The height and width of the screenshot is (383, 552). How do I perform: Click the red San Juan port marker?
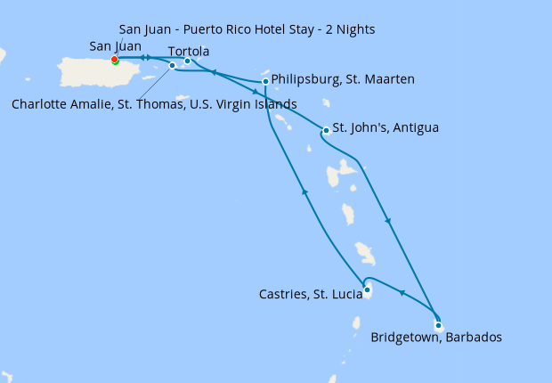tap(114, 60)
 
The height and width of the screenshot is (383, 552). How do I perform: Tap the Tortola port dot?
tap(187, 61)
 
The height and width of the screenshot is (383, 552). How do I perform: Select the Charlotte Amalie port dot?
tap(172, 65)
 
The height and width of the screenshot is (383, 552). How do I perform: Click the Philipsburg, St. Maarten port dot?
tap(265, 82)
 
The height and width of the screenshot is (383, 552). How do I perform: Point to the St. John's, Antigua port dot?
tap(326, 131)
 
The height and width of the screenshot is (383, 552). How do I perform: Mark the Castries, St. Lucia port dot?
tap(367, 289)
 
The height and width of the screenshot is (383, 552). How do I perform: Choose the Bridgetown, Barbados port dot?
tap(438, 325)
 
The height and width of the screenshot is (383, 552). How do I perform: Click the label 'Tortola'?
tap(188, 51)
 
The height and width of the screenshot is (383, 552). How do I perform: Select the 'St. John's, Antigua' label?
tap(385, 128)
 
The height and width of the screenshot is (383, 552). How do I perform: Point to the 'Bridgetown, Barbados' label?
tap(436, 338)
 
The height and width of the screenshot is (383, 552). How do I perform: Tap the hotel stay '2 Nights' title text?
tap(247, 30)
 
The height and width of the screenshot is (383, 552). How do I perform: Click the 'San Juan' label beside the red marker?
tap(115, 46)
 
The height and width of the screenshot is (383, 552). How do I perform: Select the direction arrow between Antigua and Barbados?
tap(387, 220)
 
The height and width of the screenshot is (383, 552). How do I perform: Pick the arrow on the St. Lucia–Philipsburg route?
tap(304, 191)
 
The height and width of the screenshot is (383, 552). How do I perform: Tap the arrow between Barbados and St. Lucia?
tap(402, 293)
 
